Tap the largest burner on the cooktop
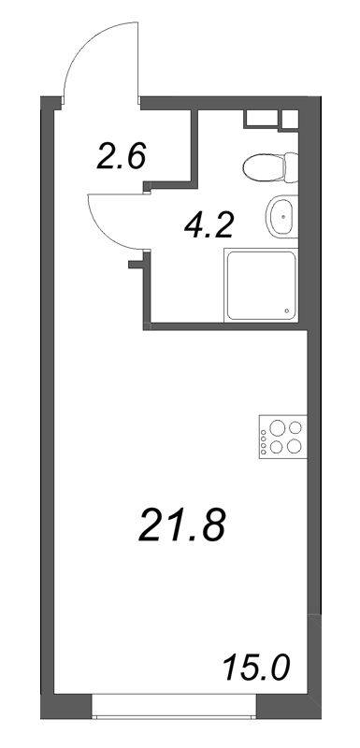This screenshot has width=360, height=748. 295,446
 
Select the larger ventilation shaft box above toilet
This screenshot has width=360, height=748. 263,120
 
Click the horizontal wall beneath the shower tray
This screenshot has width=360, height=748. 229,327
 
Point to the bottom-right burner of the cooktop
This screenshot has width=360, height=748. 295,447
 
